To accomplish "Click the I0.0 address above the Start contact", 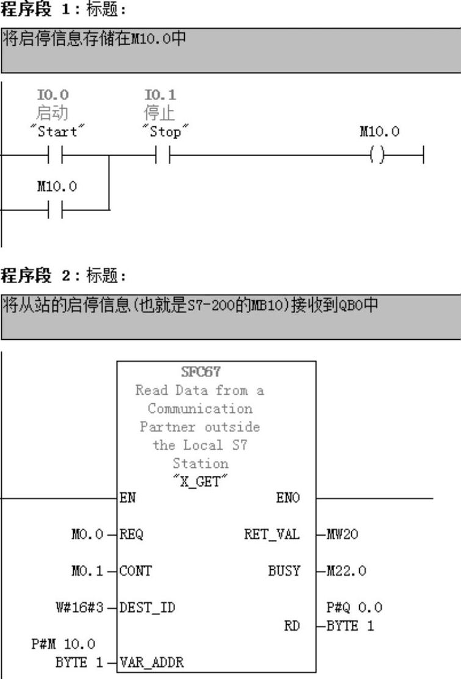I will point(53,95).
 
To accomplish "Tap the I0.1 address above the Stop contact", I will point(159,95).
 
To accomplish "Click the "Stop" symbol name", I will point(166,131).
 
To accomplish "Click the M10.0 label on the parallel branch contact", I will point(57,187).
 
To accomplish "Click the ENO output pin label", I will point(288,498).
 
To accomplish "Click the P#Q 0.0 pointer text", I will point(353,608).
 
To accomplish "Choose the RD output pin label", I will point(292,626).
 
